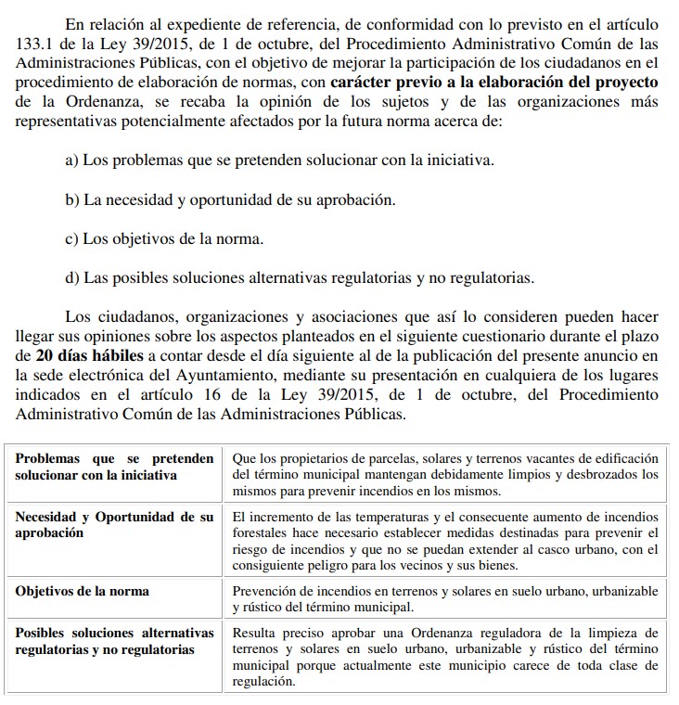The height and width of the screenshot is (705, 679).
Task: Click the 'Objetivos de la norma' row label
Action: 83,591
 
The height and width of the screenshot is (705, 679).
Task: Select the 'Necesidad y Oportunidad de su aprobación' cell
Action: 114,524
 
